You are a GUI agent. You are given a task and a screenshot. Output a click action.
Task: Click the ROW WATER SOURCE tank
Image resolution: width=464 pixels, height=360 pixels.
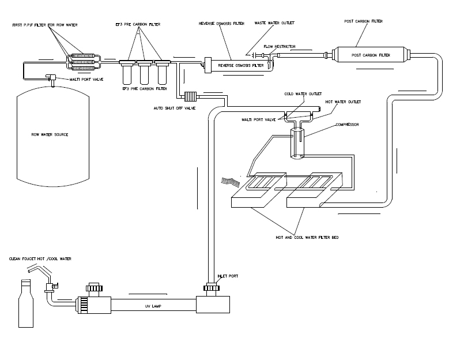point(53,136)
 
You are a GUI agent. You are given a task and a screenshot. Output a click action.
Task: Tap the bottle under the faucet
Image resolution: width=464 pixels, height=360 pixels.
point(26,303)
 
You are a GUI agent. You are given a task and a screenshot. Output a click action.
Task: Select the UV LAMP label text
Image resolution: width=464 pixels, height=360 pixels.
point(153,306)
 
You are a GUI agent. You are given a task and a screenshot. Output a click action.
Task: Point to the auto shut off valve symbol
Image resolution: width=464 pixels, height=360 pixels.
point(190,96)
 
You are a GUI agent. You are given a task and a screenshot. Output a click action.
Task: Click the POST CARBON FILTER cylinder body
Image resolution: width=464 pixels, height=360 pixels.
point(371,55)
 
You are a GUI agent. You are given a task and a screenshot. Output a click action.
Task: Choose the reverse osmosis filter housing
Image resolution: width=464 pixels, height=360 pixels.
point(239,66)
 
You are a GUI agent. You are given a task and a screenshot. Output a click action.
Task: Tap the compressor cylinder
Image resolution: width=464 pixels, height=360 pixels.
point(297,144)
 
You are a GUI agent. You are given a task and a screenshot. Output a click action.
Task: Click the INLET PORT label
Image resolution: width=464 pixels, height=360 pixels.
point(228,276)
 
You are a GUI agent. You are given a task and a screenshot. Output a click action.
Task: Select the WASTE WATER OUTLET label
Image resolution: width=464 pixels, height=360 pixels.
point(274,23)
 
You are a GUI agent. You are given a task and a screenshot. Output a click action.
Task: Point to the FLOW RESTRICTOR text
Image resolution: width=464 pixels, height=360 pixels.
point(280,47)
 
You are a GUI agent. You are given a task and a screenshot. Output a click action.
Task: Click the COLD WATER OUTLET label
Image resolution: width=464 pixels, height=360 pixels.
point(303,94)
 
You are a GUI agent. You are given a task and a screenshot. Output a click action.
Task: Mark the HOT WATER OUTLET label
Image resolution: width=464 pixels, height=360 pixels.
point(344,102)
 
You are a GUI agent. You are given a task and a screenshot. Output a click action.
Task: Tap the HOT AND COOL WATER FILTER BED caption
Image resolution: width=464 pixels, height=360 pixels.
point(307,237)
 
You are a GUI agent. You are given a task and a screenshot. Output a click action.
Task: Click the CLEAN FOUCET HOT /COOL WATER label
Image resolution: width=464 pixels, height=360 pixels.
point(40,258)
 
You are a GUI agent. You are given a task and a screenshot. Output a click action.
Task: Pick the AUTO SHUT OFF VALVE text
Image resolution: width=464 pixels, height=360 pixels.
point(175,108)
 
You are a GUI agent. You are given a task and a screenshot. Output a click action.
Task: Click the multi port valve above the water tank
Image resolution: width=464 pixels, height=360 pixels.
point(51,78)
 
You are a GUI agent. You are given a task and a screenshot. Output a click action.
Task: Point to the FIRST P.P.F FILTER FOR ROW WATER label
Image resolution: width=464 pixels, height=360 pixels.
point(45,25)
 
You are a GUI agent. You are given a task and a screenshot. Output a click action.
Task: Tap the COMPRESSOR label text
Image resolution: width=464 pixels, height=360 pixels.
point(348,125)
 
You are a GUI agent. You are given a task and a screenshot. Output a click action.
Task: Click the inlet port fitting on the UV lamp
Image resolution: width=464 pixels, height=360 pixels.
point(212,288)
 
